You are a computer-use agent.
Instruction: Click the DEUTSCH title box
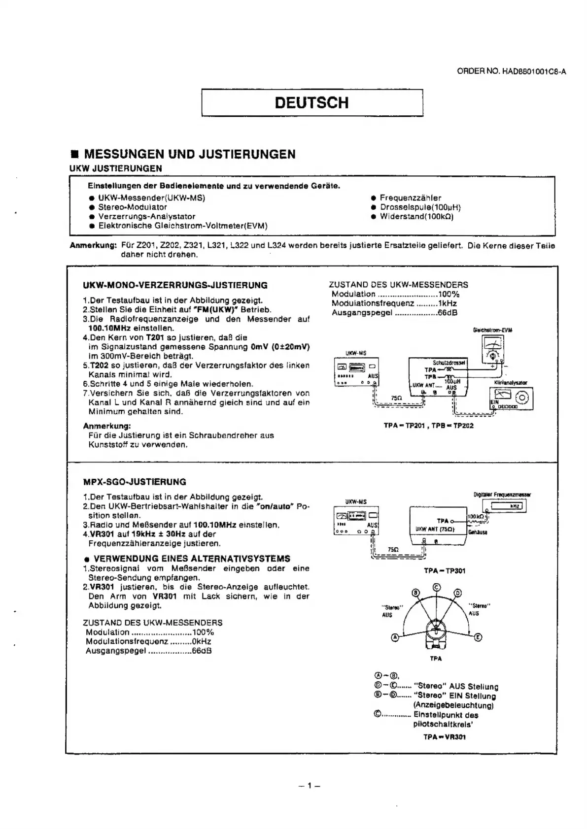pyautogui.click(x=312, y=102)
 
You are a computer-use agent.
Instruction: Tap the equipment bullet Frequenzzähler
pyautogui.click(x=411, y=198)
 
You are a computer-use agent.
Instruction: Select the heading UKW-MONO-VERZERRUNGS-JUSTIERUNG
pyautogui.click(x=175, y=285)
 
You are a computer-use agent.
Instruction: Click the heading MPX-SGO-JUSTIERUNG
pyautogui.click(x=135, y=482)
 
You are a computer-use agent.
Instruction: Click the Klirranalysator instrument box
pyautogui.click(x=511, y=398)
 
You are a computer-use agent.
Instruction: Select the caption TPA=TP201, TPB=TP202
pyautogui.click(x=428, y=426)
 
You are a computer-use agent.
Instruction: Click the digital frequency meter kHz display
pyautogui.click(x=506, y=506)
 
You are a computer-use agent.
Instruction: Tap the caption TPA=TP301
pyautogui.click(x=444, y=570)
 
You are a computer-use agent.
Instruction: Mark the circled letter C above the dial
pyautogui.click(x=436, y=587)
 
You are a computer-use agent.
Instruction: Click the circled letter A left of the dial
pyautogui.click(x=395, y=638)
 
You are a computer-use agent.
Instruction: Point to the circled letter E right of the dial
pyautogui.click(x=478, y=638)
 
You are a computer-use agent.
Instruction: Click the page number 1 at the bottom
pyautogui.click(x=310, y=786)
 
